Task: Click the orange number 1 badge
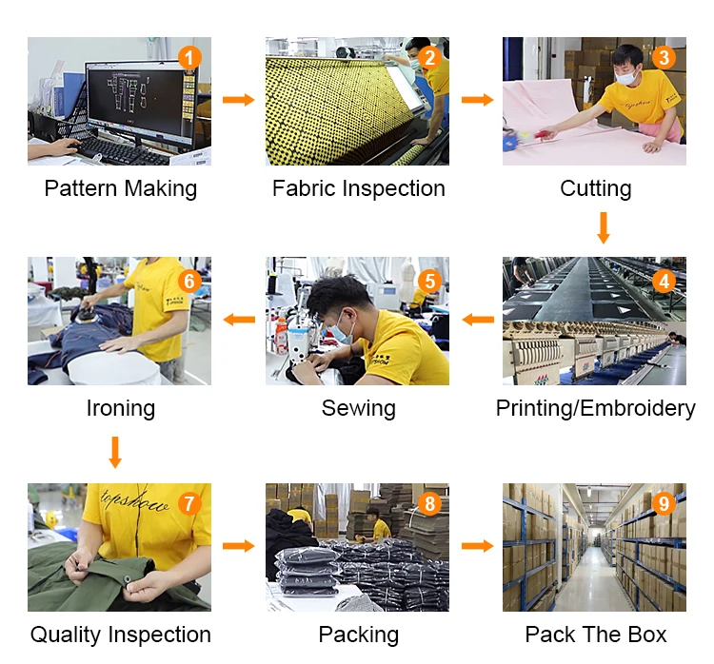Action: [190, 58]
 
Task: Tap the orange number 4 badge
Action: [664, 281]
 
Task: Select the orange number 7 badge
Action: [190, 503]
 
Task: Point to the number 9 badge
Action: [664, 503]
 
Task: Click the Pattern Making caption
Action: [120, 188]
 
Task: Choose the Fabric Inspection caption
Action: [358, 188]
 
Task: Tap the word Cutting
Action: [595, 188]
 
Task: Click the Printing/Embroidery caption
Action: [595, 408]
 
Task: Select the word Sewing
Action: [358, 408]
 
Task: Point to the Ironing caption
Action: [120, 408]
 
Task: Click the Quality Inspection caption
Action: [120, 635]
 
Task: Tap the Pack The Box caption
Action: [595, 635]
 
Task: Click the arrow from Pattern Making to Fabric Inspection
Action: [238, 100]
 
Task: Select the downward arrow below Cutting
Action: [602, 227]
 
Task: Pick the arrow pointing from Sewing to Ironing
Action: [238, 320]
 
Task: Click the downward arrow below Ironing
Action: [115, 451]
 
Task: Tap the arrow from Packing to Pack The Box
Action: [477, 546]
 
